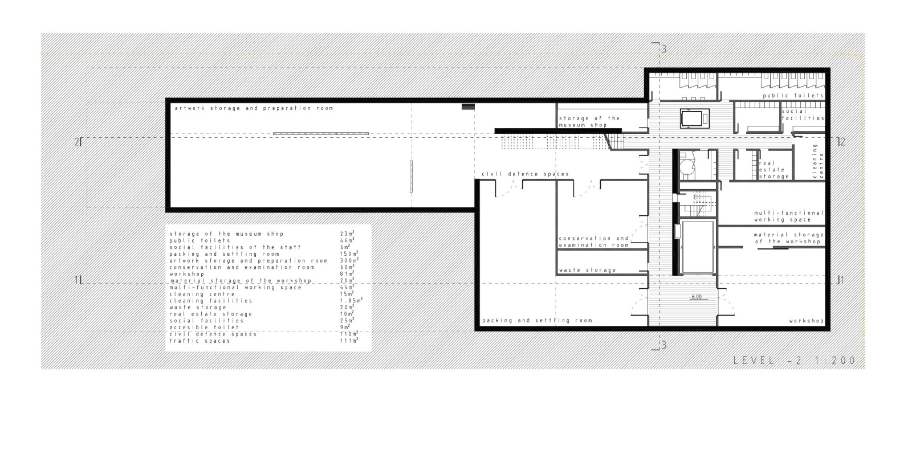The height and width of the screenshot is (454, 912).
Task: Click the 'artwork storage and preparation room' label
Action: coord(254,108)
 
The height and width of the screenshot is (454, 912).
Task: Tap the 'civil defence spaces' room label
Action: coord(525,174)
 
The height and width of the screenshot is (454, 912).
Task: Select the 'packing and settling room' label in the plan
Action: coord(537,321)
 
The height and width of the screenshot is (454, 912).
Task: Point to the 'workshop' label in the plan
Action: coord(807,321)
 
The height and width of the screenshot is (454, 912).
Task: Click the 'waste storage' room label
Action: coord(587,270)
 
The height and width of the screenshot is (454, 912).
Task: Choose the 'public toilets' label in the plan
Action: coord(793,96)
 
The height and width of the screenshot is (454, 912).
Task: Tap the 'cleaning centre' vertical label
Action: coord(818,161)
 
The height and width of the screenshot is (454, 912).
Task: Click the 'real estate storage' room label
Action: coord(774,170)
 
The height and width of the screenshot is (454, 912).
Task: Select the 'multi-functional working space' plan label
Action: coord(789,216)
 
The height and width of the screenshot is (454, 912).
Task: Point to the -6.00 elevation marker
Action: coord(697,297)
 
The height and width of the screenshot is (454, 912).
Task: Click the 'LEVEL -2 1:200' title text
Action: coord(795,361)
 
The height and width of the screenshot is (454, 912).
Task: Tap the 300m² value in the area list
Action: coord(349,260)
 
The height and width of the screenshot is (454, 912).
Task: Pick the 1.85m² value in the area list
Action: coord(351,300)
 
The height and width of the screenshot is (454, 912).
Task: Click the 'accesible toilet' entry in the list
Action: coord(205,328)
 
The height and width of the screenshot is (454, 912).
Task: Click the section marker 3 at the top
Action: coord(663,50)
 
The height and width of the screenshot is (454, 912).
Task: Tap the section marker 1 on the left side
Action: coord(76,280)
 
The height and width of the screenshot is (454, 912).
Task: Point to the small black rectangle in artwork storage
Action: coord(468,107)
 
